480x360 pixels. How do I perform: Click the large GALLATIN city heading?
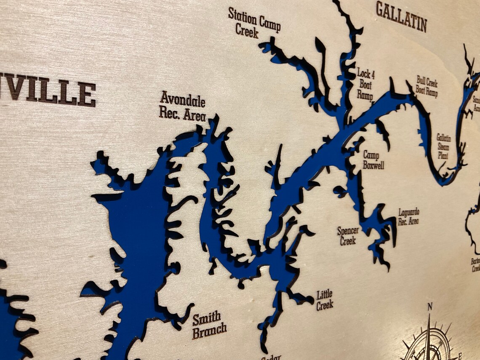click(401, 16)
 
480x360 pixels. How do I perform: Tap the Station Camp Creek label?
click(254, 22)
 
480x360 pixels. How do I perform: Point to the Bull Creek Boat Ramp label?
click(427, 86)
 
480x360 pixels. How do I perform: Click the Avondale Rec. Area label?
click(182, 107)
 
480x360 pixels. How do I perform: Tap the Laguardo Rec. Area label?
click(408, 216)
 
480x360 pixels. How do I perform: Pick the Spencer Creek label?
click(348, 236)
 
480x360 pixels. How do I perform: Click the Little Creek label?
click(325, 299)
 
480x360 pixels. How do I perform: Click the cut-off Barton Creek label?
click(475, 265)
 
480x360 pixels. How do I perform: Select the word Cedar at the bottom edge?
click(271, 357)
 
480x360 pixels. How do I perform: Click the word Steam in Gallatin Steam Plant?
click(443, 147)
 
